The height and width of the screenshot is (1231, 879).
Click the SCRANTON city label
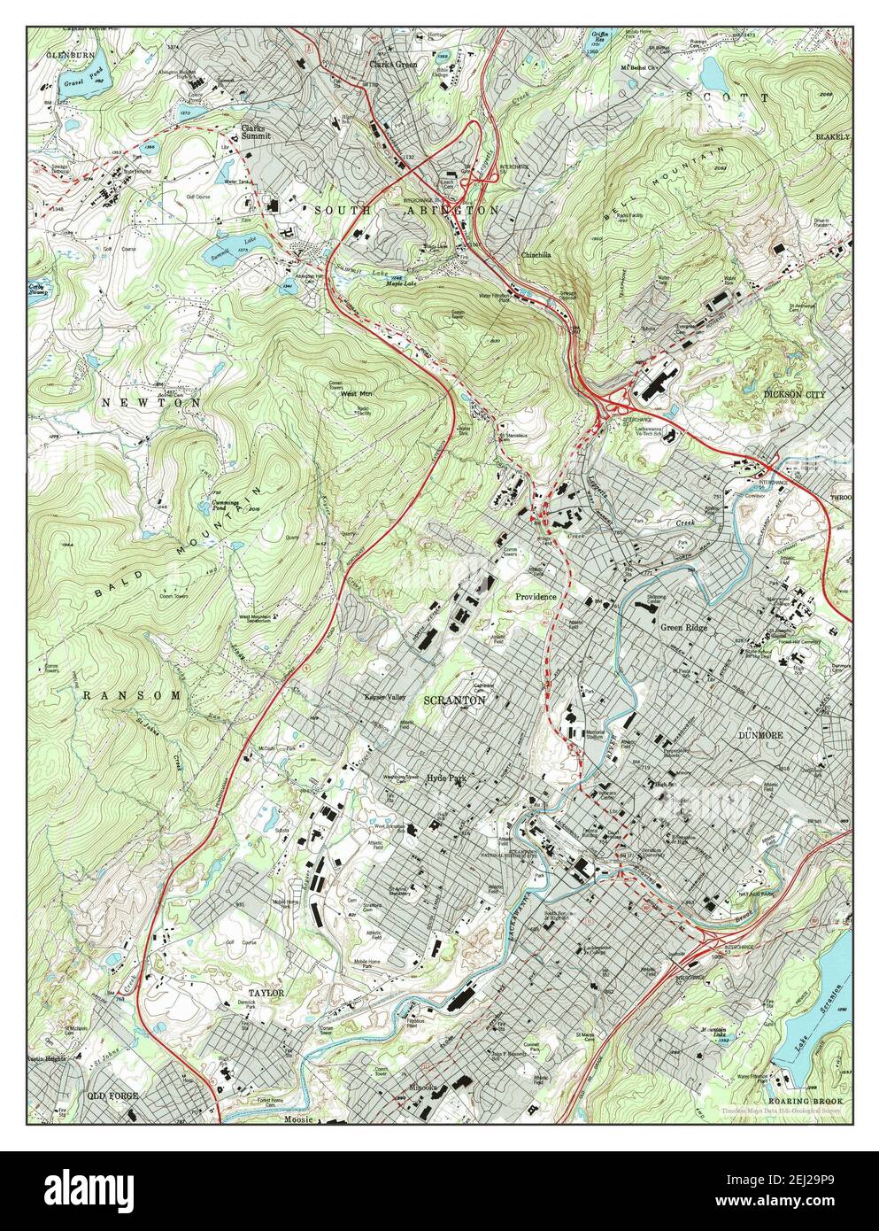(454, 700)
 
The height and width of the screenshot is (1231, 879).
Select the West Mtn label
(355, 393)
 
